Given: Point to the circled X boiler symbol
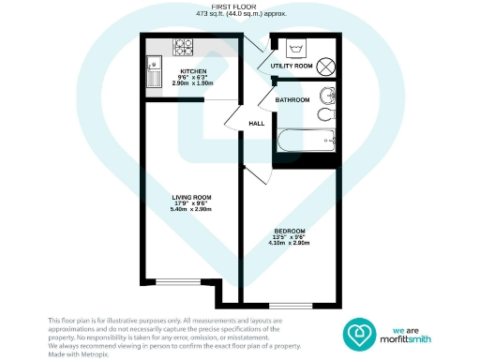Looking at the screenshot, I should tap(327, 66).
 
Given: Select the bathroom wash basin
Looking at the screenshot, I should tap(325, 96).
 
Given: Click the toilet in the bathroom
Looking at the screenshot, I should tap(324, 114).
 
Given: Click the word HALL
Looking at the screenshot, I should tap(256, 124).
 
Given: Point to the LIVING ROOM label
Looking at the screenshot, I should tap(191, 197).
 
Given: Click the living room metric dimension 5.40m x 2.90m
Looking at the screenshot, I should tap(191, 209).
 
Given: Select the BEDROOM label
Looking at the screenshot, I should tap(289, 231).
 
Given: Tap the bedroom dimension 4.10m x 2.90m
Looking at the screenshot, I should tap(289, 243).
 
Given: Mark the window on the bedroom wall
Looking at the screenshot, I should tap(288, 305).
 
